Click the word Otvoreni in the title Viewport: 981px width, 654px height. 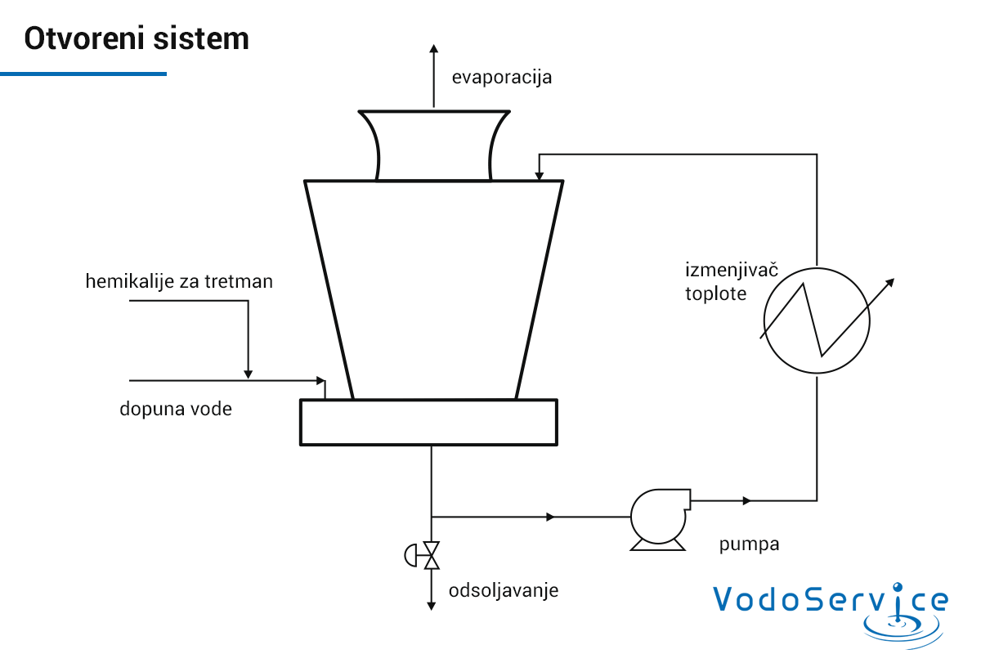click(x=84, y=38)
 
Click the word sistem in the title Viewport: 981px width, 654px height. click(x=201, y=38)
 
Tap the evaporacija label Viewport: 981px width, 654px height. click(x=502, y=78)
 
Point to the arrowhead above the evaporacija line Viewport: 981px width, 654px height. click(x=433, y=48)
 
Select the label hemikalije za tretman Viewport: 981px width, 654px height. click(x=179, y=281)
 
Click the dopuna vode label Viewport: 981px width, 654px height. click(x=176, y=409)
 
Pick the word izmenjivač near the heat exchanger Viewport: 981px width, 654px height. click(x=732, y=271)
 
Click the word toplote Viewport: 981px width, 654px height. click(x=715, y=293)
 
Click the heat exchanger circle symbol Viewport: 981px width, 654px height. click(x=817, y=268)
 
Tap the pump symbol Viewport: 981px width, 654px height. click(x=659, y=518)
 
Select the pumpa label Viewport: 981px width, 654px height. click(x=749, y=545)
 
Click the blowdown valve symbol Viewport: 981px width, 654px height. click(x=423, y=555)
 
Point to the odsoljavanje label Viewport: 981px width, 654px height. click(x=504, y=591)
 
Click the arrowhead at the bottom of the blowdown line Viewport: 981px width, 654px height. click(x=432, y=607)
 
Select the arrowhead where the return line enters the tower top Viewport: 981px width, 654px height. click(x=539, y=176)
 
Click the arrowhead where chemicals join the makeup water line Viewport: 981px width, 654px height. click(x=249, y=374)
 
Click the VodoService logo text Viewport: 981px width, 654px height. click(x=831, y=598)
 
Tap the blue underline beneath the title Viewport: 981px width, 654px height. click(x=83, y=74)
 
